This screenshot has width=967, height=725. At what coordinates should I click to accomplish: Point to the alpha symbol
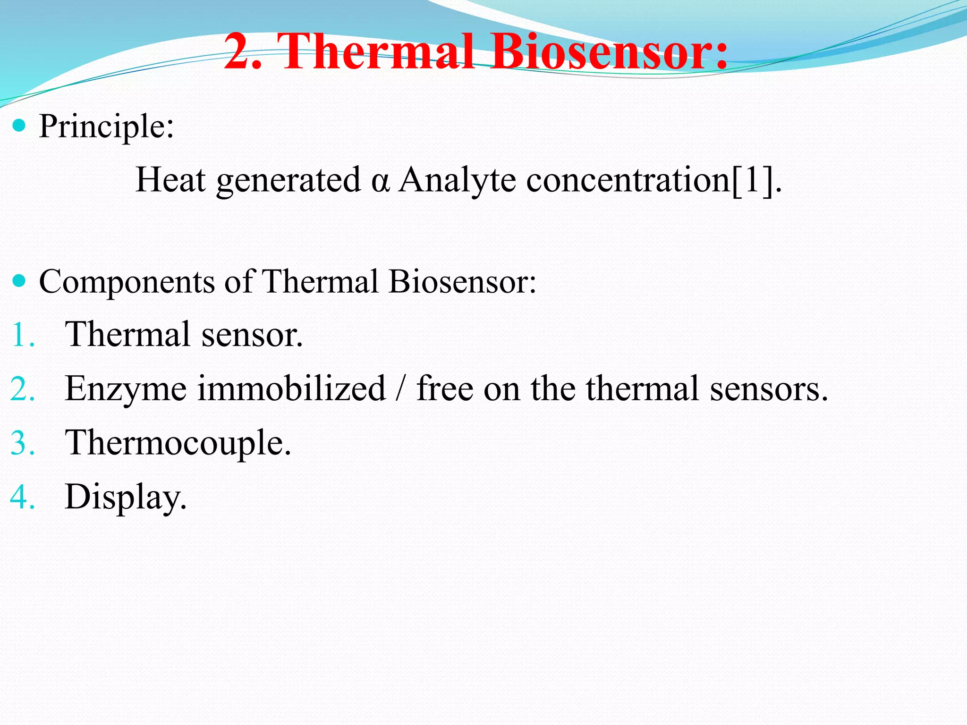380,181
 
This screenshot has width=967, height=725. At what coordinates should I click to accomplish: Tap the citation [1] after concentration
753,181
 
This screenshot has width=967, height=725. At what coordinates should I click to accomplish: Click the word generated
288,181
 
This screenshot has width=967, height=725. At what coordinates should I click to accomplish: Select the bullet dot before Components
19,281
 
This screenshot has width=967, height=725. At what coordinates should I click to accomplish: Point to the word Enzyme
126,390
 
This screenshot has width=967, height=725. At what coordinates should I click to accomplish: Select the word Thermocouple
178,444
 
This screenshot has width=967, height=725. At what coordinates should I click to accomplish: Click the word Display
125,498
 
